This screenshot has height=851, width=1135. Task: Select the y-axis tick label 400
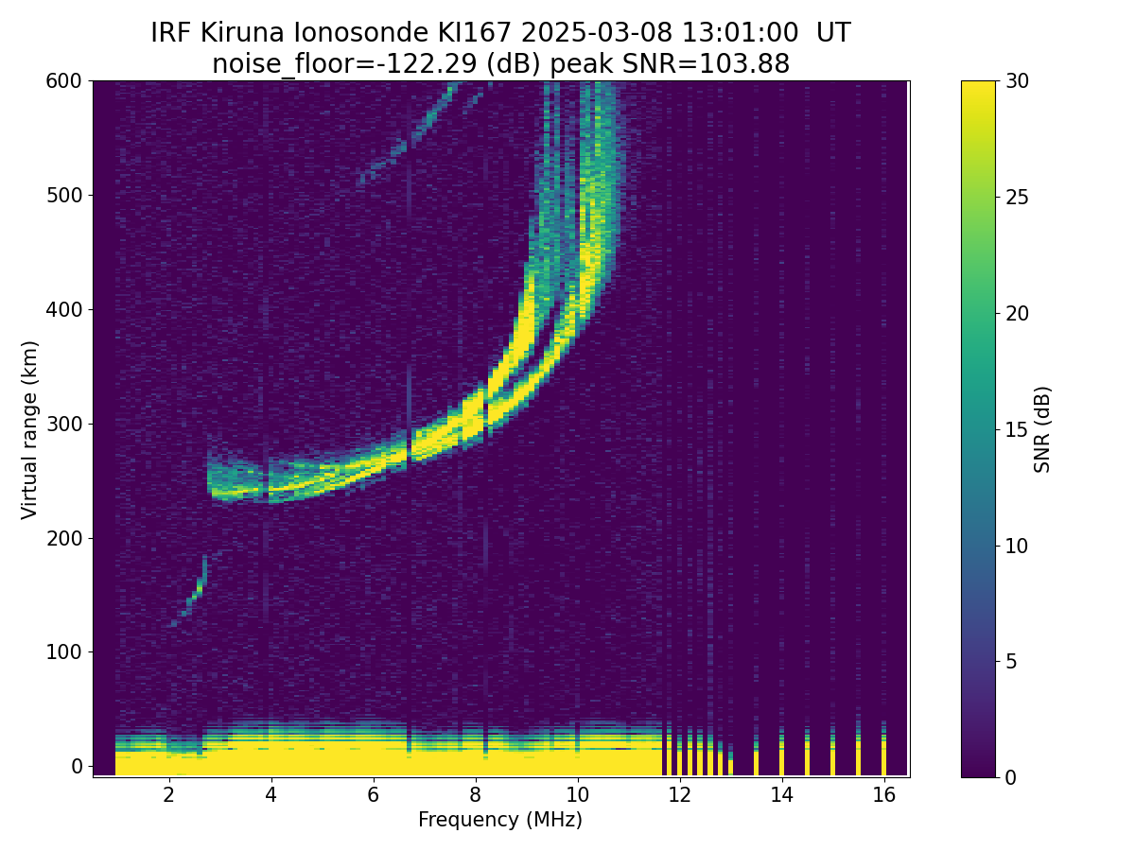click(x=62, y=309)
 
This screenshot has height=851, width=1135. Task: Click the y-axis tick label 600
click(x=62, y=81)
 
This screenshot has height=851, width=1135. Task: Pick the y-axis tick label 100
click(x=62, y=651)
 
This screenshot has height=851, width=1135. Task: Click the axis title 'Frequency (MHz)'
click(x=500, y=821)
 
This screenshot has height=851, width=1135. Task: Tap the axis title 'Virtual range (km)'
click(x=30, y=429)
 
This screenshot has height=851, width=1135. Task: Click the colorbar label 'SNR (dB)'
click(x=1042, y=429)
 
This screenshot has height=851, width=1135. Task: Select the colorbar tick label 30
click(x=1019, y=81)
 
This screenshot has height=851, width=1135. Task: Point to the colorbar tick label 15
click(x=1019, y=429)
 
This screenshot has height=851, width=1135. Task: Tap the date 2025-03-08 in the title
click(x=596, y=33)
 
